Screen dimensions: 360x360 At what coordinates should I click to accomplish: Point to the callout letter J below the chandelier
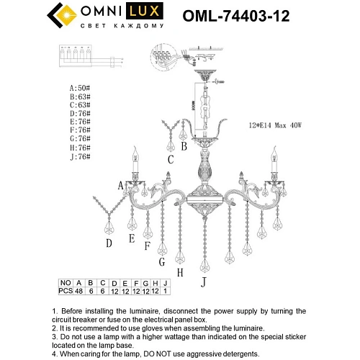pos(204,282)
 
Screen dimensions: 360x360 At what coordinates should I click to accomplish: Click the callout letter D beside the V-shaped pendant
pos(109,243)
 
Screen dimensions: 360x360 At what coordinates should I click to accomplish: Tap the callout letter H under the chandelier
pos(180,272)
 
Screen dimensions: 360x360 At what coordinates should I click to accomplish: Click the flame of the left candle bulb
pos(134,151)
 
